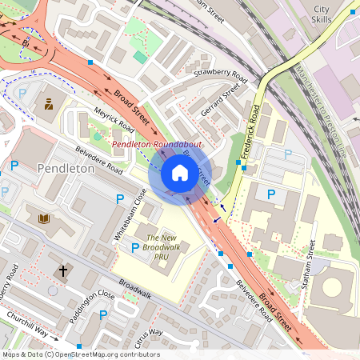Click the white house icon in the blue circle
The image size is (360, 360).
(x=180, y=173)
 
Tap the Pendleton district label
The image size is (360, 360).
(x=66, y=170)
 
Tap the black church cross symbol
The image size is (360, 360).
(x=62, y=271)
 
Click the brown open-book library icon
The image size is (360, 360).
(x=43, y=218)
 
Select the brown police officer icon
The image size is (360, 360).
(x=49, y=103)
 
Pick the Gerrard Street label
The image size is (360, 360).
(x=221, y=102)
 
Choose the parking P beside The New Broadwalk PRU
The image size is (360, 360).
(x=135, y=248)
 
